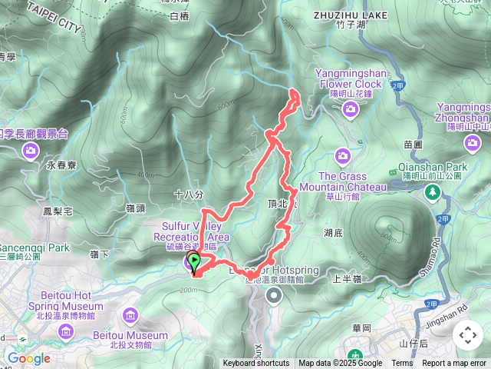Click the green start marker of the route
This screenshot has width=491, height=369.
(194, 261)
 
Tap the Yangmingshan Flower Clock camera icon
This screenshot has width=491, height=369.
(350, 110)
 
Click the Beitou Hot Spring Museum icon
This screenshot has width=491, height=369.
(66, 331)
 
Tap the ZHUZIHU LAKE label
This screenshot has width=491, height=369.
(350, 14)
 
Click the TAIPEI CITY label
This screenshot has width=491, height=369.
(54, 15)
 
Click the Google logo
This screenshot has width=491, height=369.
(28, 358)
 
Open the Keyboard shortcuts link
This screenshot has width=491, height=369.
(256, 364)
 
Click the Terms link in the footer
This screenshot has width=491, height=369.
(402, 364)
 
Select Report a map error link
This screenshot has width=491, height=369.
(454, 364)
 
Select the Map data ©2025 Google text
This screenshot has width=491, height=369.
(340, 364)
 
